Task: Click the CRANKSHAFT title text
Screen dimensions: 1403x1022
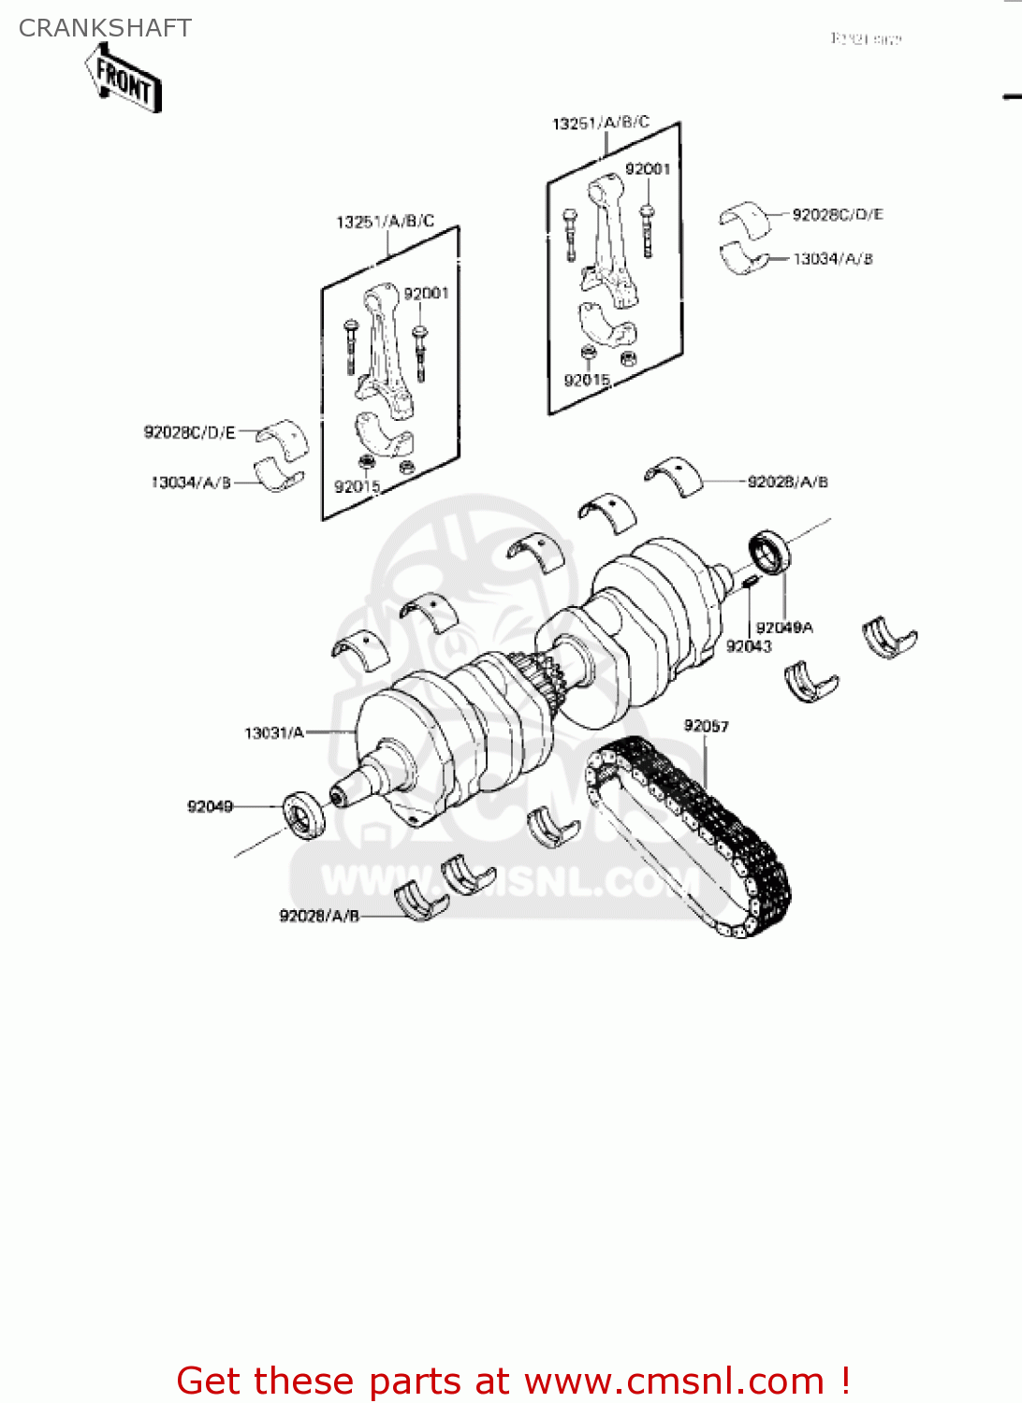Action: (105, 28)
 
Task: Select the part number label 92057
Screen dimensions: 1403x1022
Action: (706, 726)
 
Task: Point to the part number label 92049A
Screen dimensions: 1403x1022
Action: (784, 627)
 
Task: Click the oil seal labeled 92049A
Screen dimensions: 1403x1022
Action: (770, 552)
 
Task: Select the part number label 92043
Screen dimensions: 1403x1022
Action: (749, 646)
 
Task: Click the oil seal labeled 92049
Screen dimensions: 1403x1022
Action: (304, 814)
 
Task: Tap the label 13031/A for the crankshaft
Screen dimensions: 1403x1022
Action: (273, 732)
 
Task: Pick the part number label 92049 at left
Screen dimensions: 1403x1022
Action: (210, 806)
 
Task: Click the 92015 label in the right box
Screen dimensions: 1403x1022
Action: (587, 380)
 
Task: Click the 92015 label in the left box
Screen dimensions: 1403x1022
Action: (357, 486)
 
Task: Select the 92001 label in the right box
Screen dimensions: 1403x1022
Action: (648, 168)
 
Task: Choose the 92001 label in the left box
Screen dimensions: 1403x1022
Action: (426, 294)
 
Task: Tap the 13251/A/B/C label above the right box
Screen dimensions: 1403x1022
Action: (601, 123)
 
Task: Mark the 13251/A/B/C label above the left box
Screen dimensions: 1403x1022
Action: (385, 222)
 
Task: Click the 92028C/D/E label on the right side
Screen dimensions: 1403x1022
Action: (838, 214)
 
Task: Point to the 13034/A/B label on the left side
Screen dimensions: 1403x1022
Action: (190, 483)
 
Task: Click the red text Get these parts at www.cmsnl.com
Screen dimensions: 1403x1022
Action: (513, 1381)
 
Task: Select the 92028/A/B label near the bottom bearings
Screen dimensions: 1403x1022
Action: (319, 916)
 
